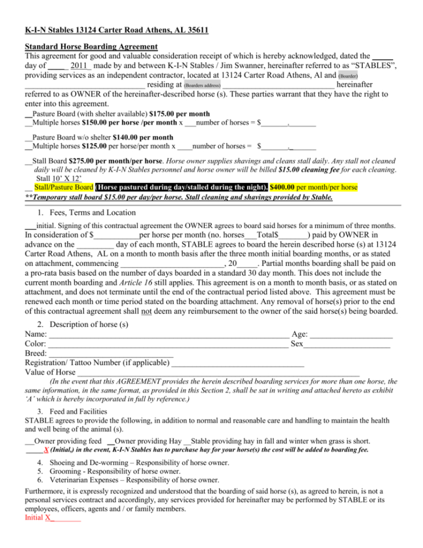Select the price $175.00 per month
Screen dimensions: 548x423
179,114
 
